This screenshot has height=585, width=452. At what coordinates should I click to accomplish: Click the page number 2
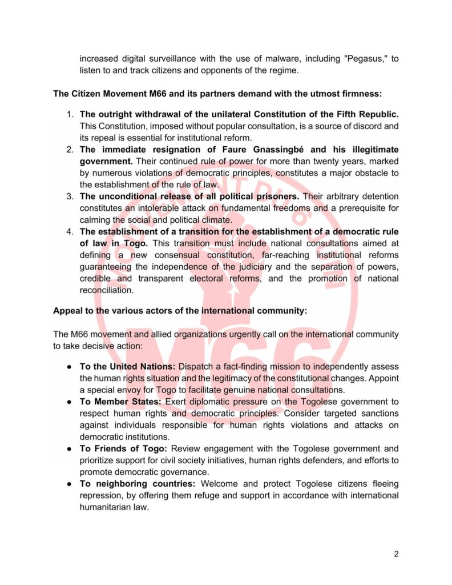pyautogui.click(x=396, y=554)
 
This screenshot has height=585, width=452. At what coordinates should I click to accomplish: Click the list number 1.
pyautogui.click(x=70, y=114)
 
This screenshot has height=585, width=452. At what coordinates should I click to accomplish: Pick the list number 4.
pyautogui.click(x=70, y=232)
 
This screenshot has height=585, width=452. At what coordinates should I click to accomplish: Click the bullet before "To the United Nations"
pyautogui.click(x=70, y=366)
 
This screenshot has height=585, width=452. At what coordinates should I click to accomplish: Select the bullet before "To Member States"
pyautogui.click(x=70, y=402)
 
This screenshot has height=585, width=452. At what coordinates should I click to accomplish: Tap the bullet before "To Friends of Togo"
pyautogui.click(x=70, y=449)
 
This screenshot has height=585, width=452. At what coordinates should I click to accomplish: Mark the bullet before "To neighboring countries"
pyautogui.click(x=70, y=484)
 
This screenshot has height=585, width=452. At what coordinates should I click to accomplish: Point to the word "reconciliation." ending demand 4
pyautogui.click(x=106, y=290)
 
